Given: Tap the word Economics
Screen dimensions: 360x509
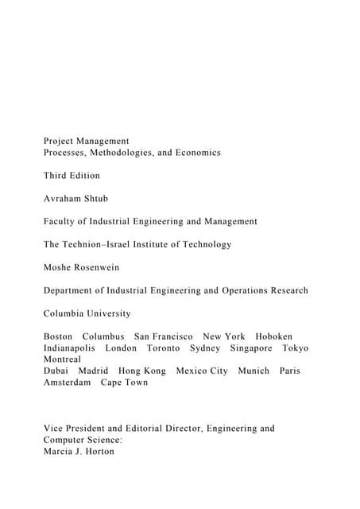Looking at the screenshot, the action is coord(195,152).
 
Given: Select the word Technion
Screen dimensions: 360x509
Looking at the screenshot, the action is coord(92,244).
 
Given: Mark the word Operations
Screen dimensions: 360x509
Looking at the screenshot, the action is coord(239,290).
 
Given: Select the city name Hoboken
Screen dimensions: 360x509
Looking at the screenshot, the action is coord(274,336).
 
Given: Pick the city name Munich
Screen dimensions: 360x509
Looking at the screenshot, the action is coord(254,371).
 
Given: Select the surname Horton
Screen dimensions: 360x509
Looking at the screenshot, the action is coord(100,452).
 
